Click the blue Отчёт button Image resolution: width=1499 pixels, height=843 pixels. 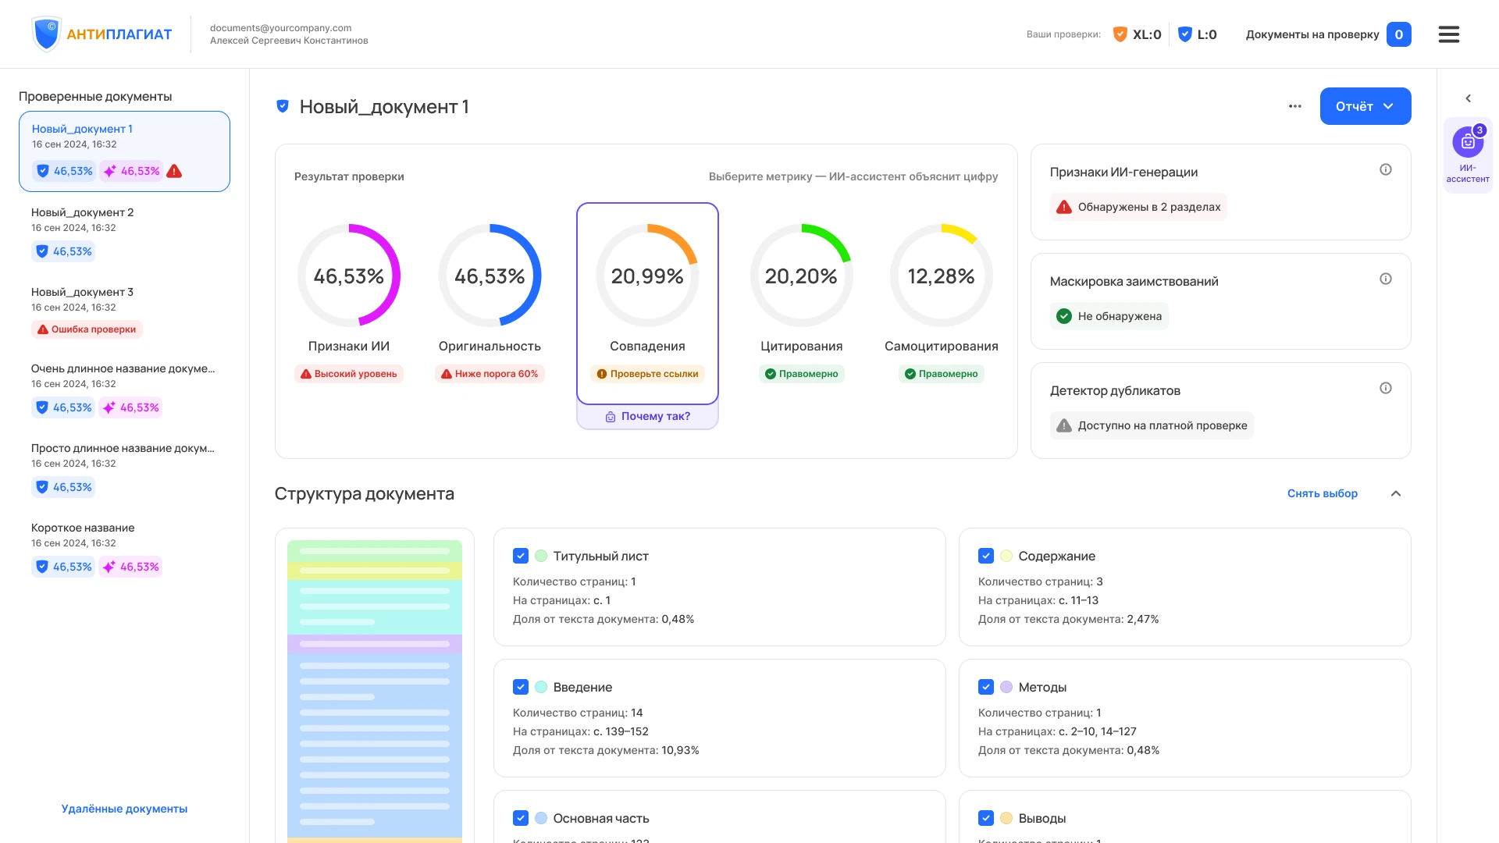pyautogui.click(x=1365, y=106)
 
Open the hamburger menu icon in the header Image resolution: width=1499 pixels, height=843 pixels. pyautogui.click(x=1449, y=34)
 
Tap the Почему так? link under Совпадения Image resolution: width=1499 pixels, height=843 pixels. pyautogui.click(x=648, y=417)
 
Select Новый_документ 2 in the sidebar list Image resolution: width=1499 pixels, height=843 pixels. pyautogui.click(x=82, y=212)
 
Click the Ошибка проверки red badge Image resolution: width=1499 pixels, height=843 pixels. pyautogui.click(x=87, y=329)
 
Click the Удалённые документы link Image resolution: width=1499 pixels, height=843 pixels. pyautogui.click(x=124, y=809)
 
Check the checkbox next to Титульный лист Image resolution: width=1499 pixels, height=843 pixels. pyautogui.click(x=521, y=556)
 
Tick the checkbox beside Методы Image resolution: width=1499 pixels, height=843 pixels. pyautogui.click(x=986, y=687)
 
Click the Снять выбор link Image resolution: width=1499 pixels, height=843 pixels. pyautogui.click(x=1323, y=493)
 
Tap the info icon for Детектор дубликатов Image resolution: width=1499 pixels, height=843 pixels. pyautogui.click(x=1386, y=388)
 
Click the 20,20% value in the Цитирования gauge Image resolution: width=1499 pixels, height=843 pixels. pyautogui.click(x=801, y=276)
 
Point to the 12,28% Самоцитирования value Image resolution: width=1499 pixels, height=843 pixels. pyautogui.click(x=941, y=276)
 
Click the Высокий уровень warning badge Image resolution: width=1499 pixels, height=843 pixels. pyautogui.click(x=349, y=374)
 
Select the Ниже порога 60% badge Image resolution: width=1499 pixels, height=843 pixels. pyautogui.click(x=490, y=374)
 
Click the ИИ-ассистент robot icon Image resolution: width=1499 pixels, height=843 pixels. pyautogui.click(x=1468, y=142)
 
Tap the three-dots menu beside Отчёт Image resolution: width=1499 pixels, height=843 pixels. pyautogui.click(x=1295, y=106)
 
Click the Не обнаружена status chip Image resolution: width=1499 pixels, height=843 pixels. pyautogui.click(x=1109, y=316)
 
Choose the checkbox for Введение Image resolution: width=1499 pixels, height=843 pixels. pyautogui.click(x=521, y=687)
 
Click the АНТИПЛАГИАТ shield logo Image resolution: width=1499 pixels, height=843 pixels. pyautogui.click(x=46, y=34)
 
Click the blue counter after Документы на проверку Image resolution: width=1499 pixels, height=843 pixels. pyautogui.click(x=1399, y=34)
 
